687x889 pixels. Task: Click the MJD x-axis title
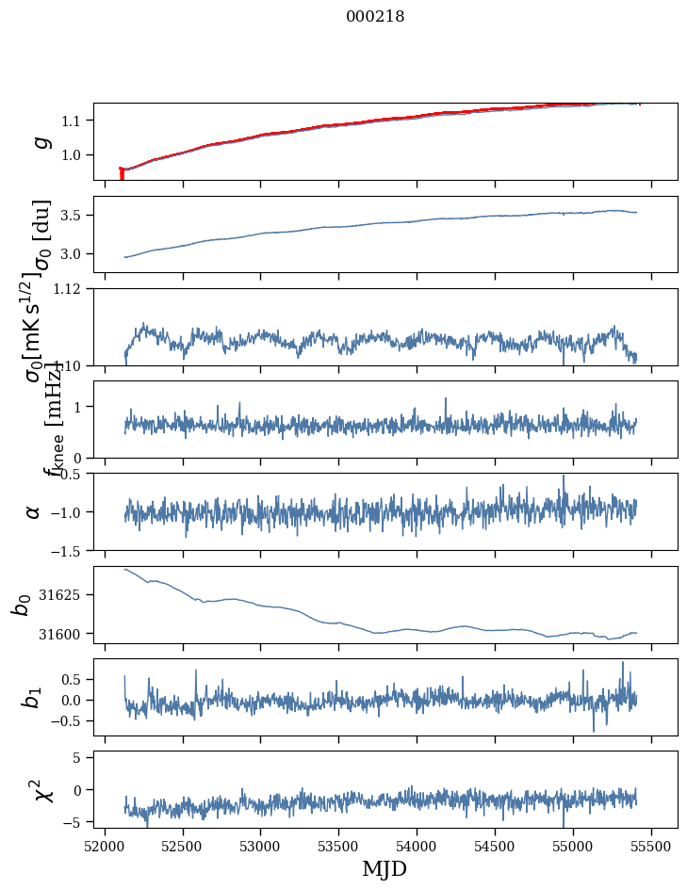[384, 868]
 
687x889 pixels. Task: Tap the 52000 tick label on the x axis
[105, 846]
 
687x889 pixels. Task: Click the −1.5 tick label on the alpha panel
[67, 550]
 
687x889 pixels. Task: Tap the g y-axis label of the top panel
[40, 141]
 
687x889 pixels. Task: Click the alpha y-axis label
[34, 511]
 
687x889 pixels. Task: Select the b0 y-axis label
[21, 605]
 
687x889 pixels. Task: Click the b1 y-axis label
[32, 697]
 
